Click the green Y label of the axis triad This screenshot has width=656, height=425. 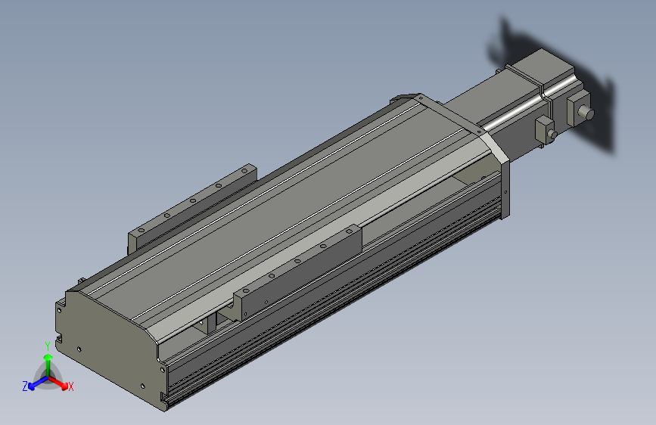(x=47, y=345)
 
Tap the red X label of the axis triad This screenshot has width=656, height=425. (x=71, y=386)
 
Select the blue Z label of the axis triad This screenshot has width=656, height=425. (x=25, y=386)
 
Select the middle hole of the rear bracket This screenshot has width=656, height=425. (x=193, y=201)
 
